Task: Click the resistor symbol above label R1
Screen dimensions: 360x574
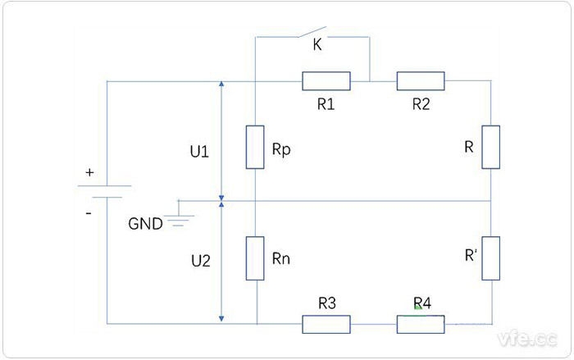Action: point(326,80)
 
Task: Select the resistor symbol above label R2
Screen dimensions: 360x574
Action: point(421,80)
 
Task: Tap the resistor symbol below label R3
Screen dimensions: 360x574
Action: point(326,325)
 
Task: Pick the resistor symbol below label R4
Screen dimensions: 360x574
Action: point(421,325)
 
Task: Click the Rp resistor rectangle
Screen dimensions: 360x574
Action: point(256,148)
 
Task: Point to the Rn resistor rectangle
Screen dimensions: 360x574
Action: point(256,257)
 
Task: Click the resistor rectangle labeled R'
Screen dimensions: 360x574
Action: point(490,257)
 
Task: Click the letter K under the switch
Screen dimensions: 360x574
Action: point(317,47)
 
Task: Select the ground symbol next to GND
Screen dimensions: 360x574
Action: point(179,216)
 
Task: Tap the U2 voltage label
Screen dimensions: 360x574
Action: point(200,262)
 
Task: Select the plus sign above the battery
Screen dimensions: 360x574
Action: point(89,174)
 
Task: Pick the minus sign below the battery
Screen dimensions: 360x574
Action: point(89,212)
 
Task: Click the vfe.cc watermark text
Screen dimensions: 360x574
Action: point(526,337)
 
